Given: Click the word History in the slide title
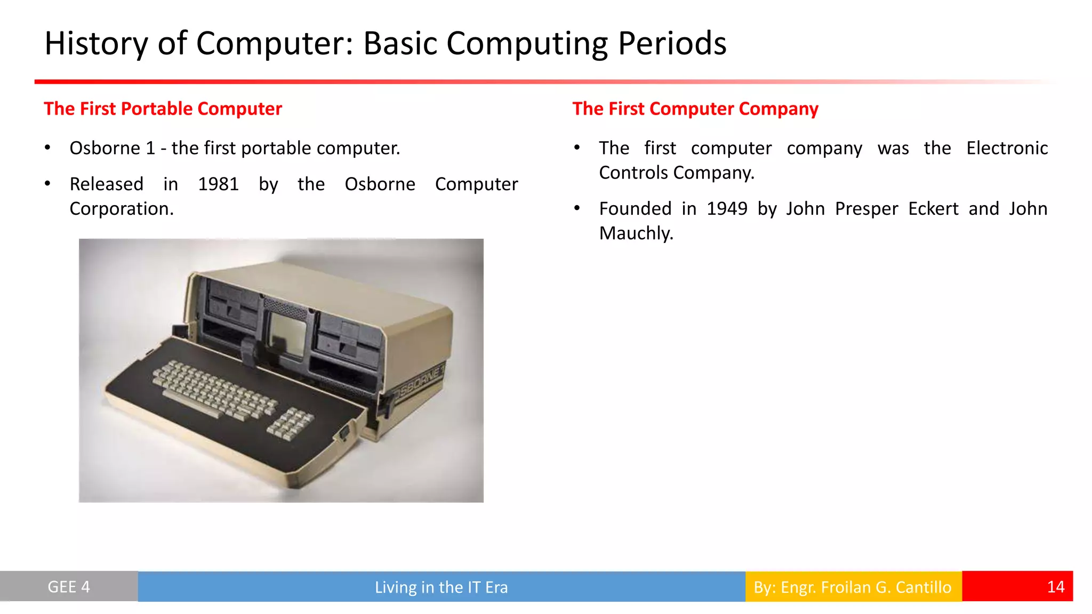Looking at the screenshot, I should coord(95,43).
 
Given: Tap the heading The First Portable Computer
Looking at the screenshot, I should coord(163,109).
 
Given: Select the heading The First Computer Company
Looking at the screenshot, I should coord(695,109).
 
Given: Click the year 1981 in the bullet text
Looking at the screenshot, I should coord(218,184).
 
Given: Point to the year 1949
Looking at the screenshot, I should coord(727,209).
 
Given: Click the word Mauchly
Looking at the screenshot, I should coord(636,233).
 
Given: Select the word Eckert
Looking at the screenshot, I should coord(933,209).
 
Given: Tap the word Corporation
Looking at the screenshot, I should coord(122,209).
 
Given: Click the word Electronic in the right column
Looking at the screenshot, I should coord(1007,148).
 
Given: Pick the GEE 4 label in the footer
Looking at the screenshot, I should coord(69,587).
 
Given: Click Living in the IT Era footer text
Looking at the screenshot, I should coord(441,587).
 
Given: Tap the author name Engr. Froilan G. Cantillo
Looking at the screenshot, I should coord(865,587).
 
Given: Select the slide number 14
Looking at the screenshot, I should coord(1055,587).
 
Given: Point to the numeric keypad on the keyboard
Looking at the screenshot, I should coord(290,424).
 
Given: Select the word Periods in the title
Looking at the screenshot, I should coord(672,43).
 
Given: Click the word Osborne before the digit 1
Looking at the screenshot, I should coord(105,148).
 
